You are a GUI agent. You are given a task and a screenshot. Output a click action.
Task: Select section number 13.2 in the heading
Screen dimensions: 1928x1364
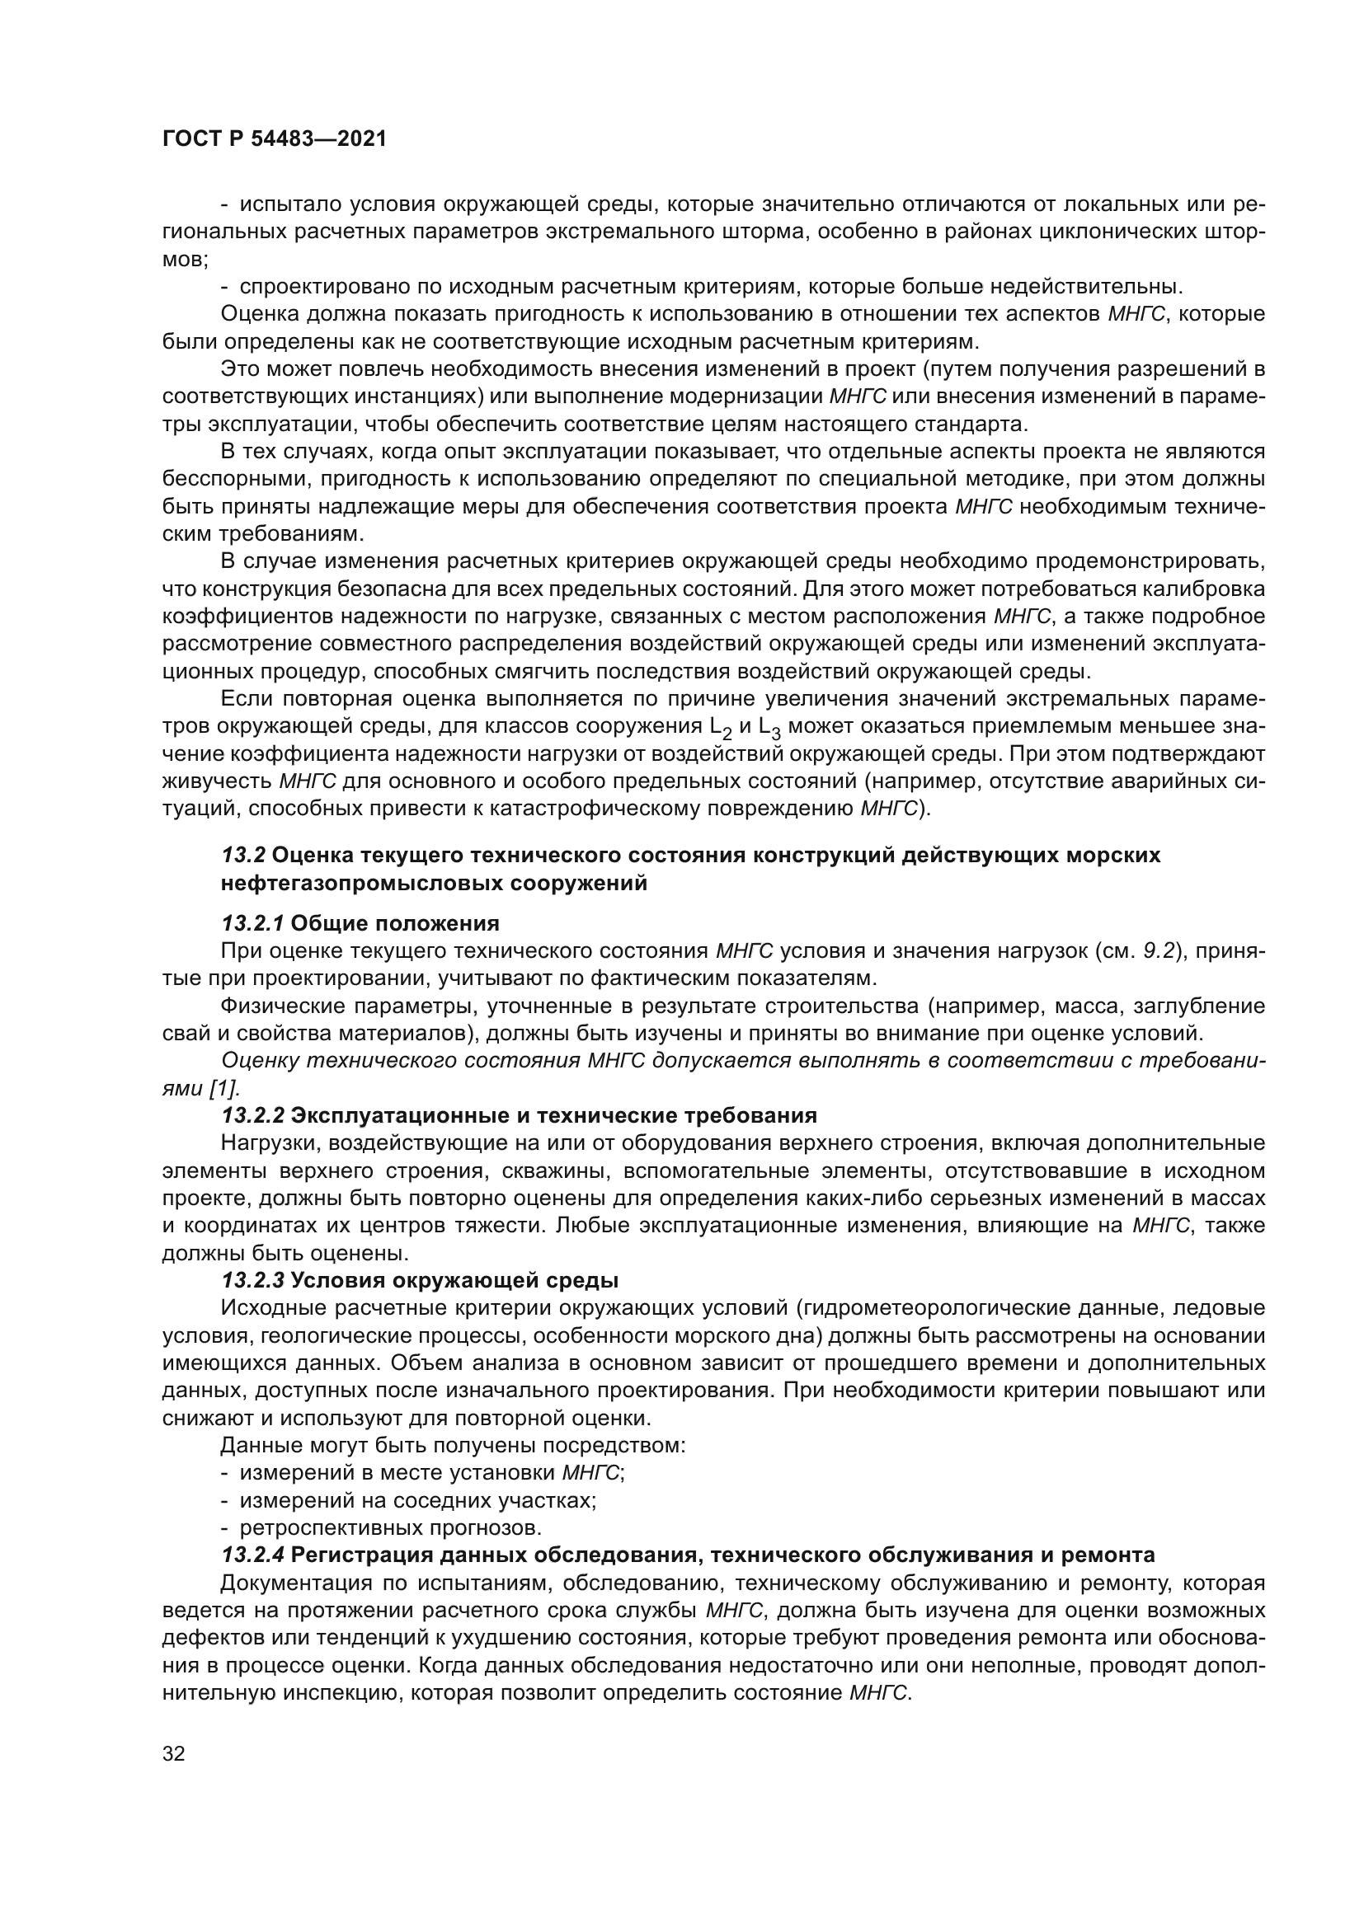tap(243, 856)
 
